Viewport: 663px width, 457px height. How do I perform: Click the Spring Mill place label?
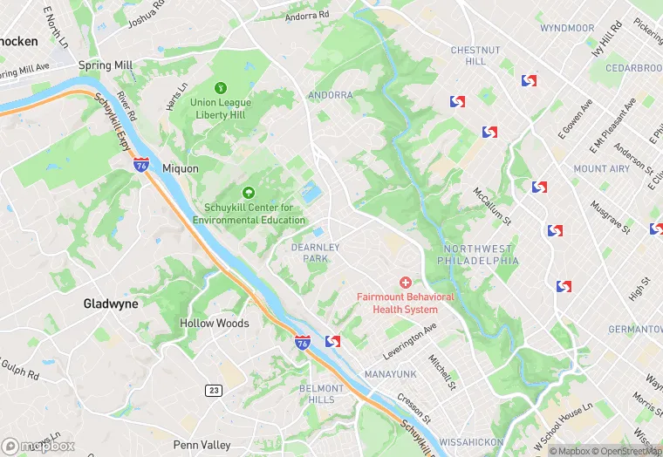pos(106,65)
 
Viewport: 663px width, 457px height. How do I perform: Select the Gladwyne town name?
pos(110,304)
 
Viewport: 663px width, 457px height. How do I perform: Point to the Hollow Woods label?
pos(215,324)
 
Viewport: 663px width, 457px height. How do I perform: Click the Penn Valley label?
pos(202,446)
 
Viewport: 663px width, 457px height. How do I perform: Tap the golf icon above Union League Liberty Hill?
pos(221,87)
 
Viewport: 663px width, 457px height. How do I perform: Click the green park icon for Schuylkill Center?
pos(249,193)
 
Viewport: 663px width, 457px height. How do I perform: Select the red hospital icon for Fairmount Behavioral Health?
pos(405,283)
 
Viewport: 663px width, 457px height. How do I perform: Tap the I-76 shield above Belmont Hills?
pos(302,343)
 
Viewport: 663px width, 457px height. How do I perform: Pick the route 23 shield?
pos(214,391)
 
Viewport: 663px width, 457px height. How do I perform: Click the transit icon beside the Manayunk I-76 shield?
pos(331,341)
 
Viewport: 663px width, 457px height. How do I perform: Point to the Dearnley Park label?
pos(315,253)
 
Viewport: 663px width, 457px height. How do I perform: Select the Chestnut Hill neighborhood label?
pos(475,56)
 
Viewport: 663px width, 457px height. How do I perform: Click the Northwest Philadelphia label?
pos(480,255)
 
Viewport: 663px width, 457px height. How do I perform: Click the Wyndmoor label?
pos(567,28)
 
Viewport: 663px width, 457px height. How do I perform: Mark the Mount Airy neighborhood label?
pos(601,169)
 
